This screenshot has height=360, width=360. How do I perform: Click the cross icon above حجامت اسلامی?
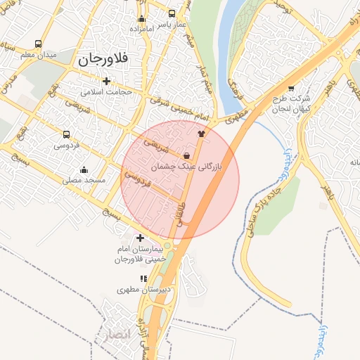pyautogui.click(x=106, y=80)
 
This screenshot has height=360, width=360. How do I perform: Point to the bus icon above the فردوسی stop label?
pyautogui.click(x=66, y=134)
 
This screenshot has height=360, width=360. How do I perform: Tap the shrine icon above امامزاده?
pyautogui.click(x=141, y=19)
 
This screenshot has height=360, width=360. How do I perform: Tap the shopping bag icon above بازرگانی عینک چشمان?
pyautogui.click(x=186, y=155)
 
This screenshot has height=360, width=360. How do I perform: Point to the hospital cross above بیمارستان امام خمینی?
pyautogui.click(x=140, y=238)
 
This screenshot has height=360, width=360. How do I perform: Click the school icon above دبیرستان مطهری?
pyautogui.click(x=144, y=278)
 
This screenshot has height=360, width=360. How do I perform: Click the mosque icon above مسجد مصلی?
pyautogui.click(x=84, y=169)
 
